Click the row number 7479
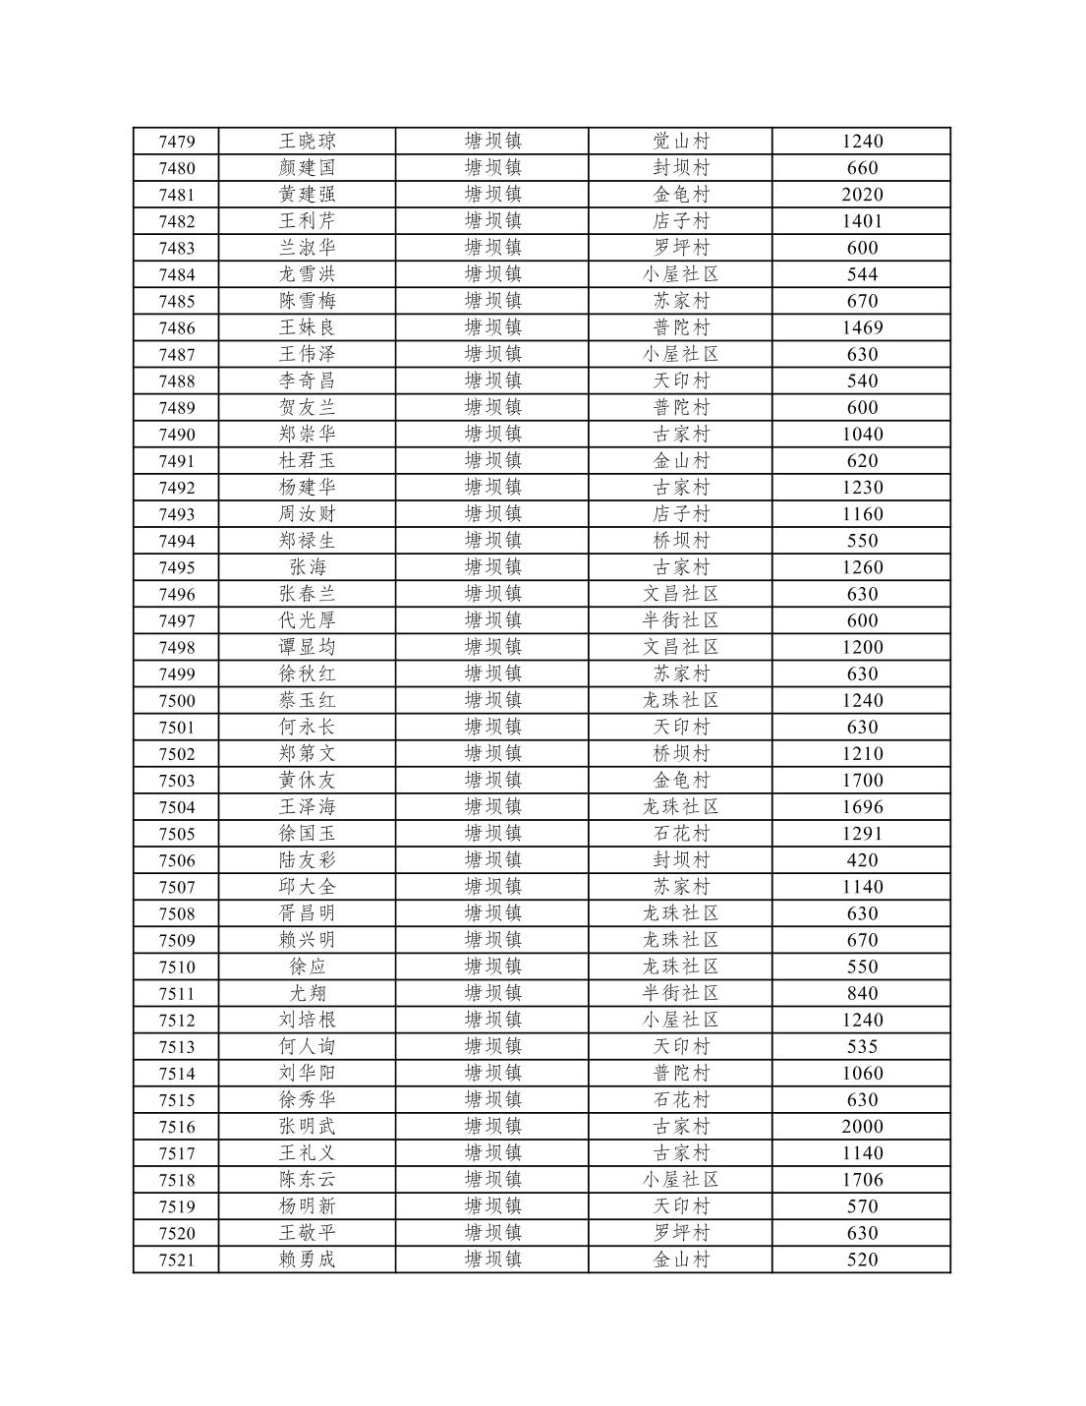[177, 142]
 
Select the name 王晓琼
[307, 142]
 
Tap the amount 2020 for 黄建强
[862, 195]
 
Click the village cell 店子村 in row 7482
[681, 221]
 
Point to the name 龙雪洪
[307, 274]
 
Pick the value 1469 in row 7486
[862, 327]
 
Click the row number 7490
[177, 435]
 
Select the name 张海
[307, 567]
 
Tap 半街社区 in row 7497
[681, 620]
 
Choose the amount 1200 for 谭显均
[862, 647]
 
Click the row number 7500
[177, 701]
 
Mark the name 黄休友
[307, 781]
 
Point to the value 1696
[862, 807]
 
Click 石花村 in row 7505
[681, 834]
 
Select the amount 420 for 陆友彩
[862, 860]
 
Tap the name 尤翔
[307, 993]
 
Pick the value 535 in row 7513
[862, 1047]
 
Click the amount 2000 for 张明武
[862, 1127]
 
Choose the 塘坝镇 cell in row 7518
[492, 1180]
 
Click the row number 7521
[177, 1260]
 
